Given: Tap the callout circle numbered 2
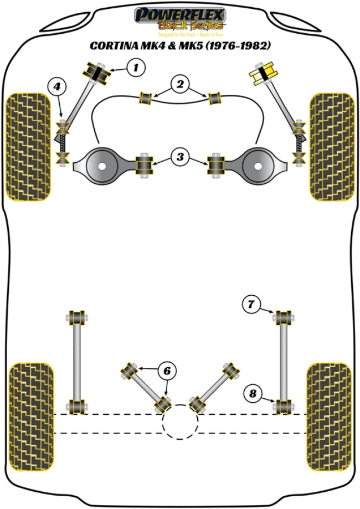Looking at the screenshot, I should point(180,85).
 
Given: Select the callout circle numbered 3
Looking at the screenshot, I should point(180,157).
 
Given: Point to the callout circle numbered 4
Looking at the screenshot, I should point(56,86).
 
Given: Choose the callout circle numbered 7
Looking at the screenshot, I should point(251,304).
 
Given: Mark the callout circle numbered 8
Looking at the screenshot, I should point(253,394).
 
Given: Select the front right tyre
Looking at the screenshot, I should point(331,146).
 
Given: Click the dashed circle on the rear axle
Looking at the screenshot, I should point(180,421).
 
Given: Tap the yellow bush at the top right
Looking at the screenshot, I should point(264,72).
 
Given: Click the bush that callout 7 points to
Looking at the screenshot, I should point(284,318).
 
